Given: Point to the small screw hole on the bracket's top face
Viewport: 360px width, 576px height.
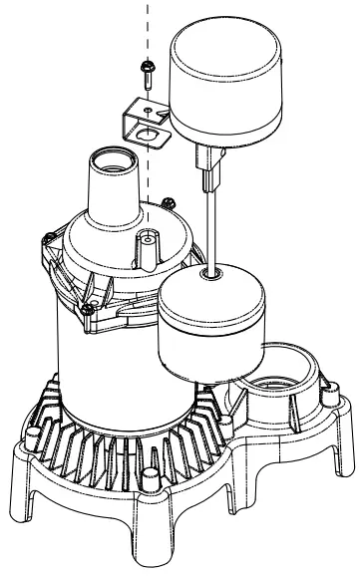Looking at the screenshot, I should coord(147,107).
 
